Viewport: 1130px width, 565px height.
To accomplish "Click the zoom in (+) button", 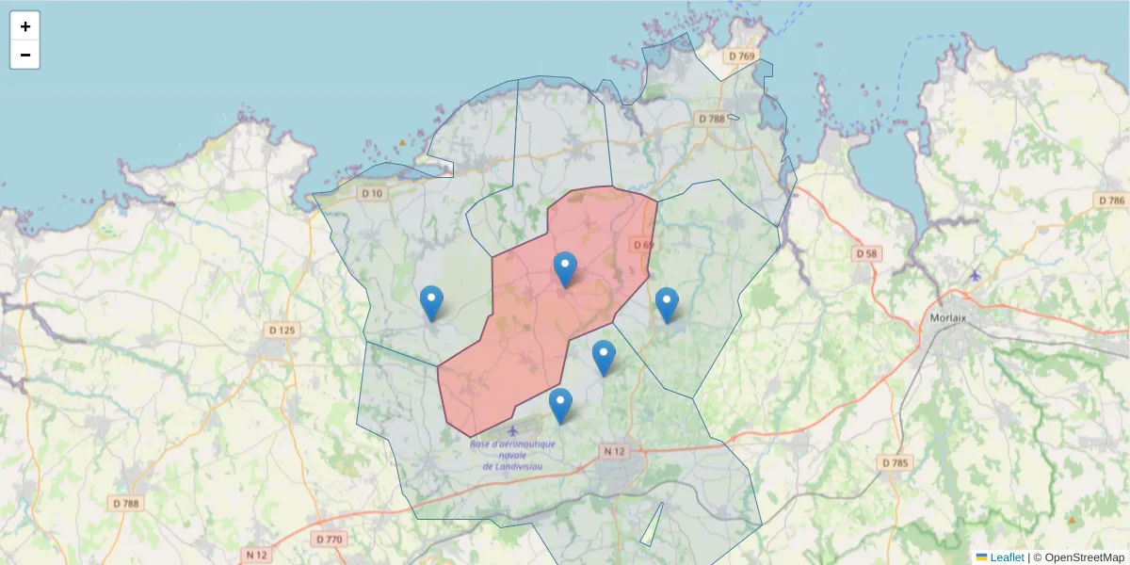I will tap(25, 26).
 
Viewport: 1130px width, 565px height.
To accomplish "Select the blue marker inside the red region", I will tap(565, 269).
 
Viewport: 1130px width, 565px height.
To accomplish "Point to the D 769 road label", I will tap(742, 56).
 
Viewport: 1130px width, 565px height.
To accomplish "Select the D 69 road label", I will tap(643, 245).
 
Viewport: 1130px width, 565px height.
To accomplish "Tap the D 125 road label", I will tap(282, 331).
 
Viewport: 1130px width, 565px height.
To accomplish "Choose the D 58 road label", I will tap(866, 254).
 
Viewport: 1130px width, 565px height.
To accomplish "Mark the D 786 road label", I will tap(1111, 201).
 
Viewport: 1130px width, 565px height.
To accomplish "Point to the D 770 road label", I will tap(329, 540).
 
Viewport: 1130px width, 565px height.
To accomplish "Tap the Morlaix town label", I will tap(947, 317).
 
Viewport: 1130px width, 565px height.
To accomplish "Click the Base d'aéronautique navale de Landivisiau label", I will tap(513, 455).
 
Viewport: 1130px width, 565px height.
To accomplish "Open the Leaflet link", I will tap(1006, 557).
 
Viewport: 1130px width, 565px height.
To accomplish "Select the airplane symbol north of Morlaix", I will tap(975, 275).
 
